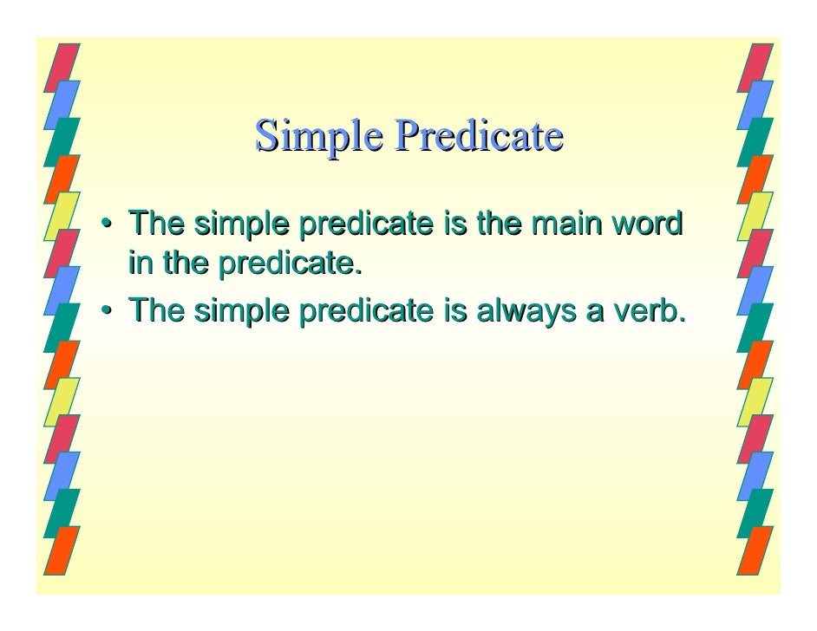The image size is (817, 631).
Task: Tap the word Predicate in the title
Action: (479, 135)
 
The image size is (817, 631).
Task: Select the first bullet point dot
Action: (105, 226)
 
